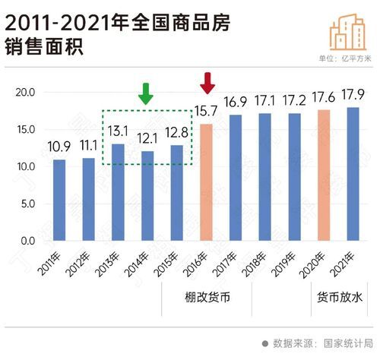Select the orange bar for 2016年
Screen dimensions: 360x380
pos(206,182)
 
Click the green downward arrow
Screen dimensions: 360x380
pos(147,93)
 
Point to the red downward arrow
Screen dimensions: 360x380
pos(207,82)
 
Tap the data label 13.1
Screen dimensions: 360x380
pos(119,132)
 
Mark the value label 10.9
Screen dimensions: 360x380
pos(60,148)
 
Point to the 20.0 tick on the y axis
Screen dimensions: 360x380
pos(26,93)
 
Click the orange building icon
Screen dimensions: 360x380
pos(347,31)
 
